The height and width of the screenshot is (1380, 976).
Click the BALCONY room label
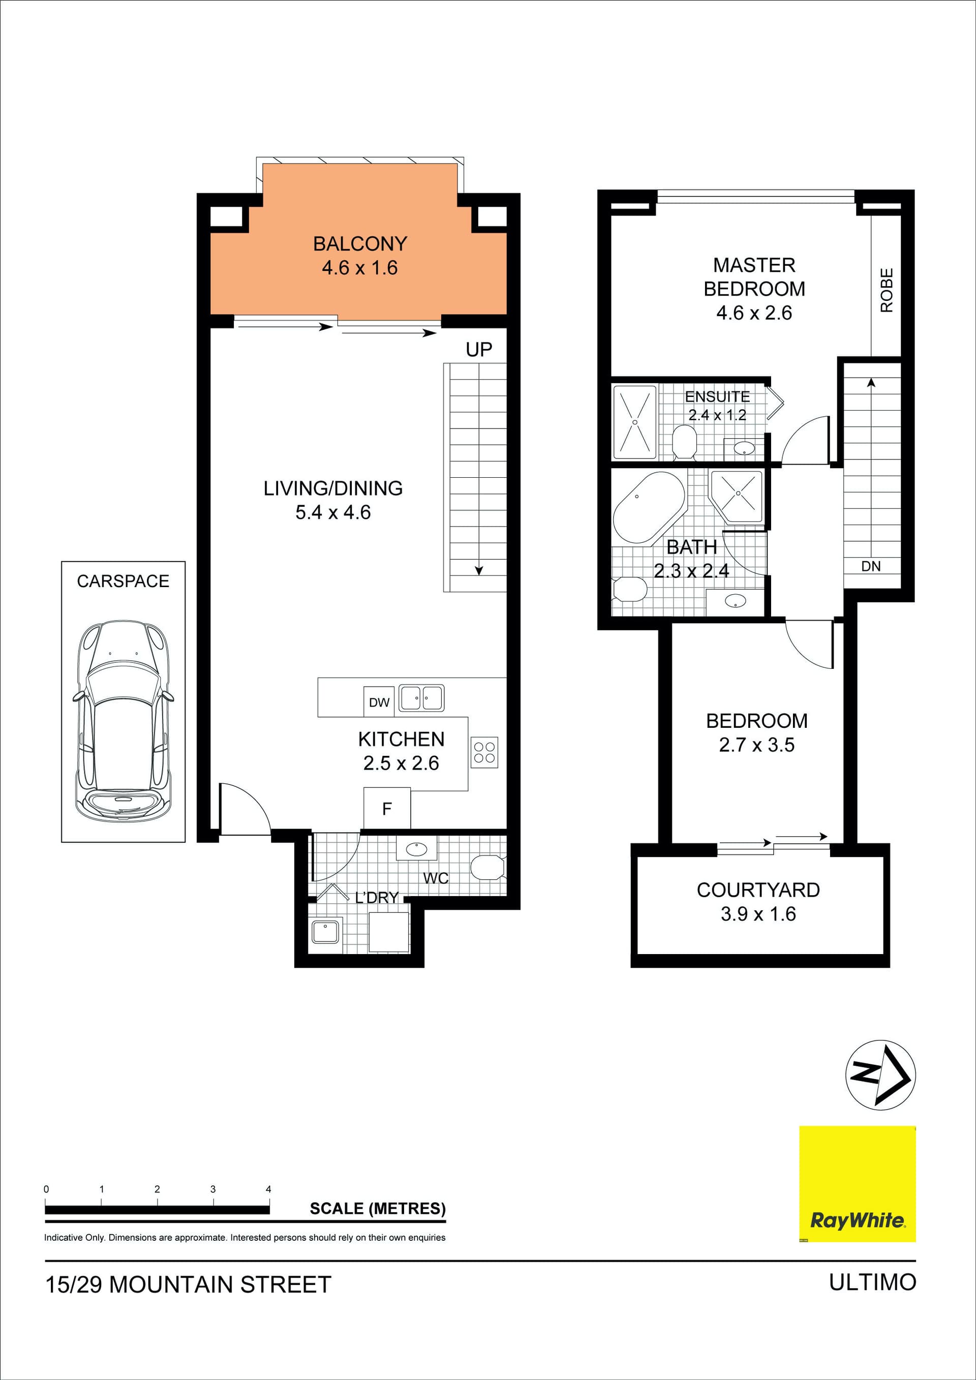tap(360, 243)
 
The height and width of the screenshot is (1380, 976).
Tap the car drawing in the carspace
tap(123, 721)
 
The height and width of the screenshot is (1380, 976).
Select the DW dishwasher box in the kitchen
tap(379, 702)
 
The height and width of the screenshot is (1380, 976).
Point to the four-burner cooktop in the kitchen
tap(484, 752)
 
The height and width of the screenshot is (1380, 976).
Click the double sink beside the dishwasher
tap(421, 698)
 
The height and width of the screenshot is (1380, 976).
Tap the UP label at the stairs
tap(479, 349)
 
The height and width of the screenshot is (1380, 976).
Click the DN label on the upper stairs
tap(871, 566)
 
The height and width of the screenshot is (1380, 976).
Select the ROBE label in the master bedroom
tap(887, 290)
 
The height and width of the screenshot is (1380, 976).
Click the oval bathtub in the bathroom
tap(649, 507)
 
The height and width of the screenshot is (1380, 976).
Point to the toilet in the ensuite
tap(684, 442)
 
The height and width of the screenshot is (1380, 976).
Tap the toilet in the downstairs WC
tap(487, 867)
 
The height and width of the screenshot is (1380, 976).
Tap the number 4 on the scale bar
tap(268, 1189)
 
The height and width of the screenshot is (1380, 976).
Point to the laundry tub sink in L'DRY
tap(325, 932)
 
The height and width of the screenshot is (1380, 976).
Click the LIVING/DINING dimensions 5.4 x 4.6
tap(333, 512)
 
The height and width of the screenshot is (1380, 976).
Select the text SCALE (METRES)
tap(377, 1209)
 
